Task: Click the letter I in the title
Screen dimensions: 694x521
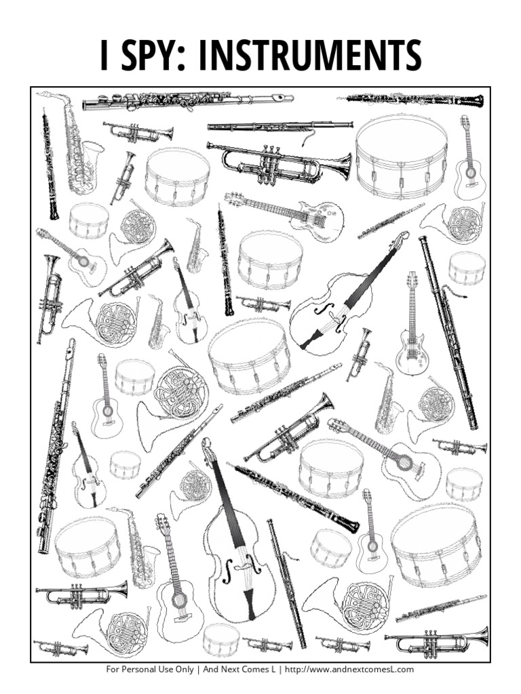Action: coord(104,56)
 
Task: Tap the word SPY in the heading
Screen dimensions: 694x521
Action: coord(147,56)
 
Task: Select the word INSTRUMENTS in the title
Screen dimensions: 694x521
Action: coord(308,56)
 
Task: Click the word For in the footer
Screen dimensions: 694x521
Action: coord(114,670)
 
